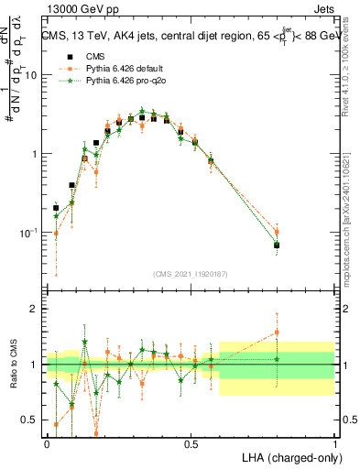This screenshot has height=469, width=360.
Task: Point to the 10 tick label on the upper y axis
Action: click(x=31, y=75)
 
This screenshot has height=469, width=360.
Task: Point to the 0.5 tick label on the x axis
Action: click(x=191, y=443)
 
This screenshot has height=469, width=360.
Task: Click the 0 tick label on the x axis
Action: click(x=47, y=443)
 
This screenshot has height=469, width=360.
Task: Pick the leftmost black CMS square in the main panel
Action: click(x=57, y=208)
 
